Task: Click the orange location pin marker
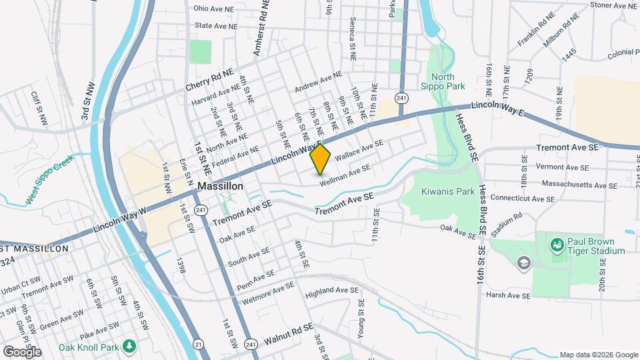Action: click(x=321, y=159)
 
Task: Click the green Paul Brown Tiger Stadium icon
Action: click(x=555, y=245)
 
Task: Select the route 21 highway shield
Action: click(x=199, y=343)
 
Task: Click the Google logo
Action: click(x=22, y=351)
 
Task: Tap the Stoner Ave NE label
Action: click(x=614, y=5)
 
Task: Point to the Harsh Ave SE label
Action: click(x=508, y=295)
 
